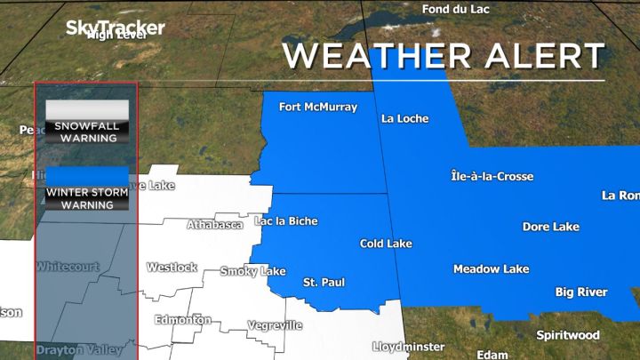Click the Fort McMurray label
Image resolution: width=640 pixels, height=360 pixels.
click(x=317, y=108)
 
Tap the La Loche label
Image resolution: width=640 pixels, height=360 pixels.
click(x=404, y=118)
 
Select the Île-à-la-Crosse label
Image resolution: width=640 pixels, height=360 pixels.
click(x=492, y=176)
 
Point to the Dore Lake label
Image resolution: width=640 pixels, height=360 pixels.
click(x=550, y=227)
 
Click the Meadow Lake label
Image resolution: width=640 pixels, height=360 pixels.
click(x=491, y=268)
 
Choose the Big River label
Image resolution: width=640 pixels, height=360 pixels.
click(x=580, y=292)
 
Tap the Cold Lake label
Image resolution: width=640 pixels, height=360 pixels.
click(x=386, y=244)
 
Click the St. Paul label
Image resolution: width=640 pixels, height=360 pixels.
click(x=324, y=283)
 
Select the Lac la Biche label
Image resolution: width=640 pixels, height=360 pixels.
click(x=285, y=220)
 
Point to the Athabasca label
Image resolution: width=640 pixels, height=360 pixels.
click(x=214, y=225)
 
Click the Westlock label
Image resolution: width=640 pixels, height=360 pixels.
click(x=172, y=267)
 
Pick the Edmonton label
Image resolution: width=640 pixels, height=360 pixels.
click(x=182, y=319)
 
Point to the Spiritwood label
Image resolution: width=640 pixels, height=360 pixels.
click(x=567, y=335)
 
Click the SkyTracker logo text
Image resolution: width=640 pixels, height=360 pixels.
click(x=116, y=28)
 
